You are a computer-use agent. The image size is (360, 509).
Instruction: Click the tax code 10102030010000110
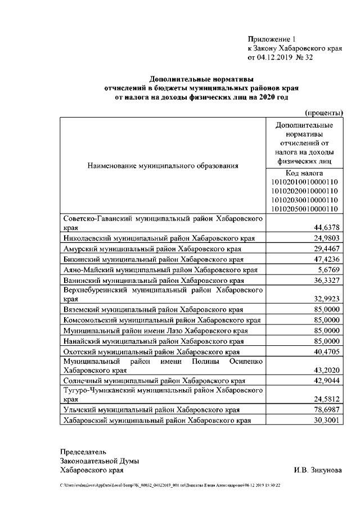click(x=304, y=200)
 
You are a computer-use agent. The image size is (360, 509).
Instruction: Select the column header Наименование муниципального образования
click(x=163, y=166)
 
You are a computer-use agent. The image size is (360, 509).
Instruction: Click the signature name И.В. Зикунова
click(x=317, y=470)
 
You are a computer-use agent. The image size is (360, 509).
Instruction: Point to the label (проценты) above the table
click(x=324, y=112)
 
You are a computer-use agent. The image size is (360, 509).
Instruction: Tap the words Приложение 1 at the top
click(x=271, y=39)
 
